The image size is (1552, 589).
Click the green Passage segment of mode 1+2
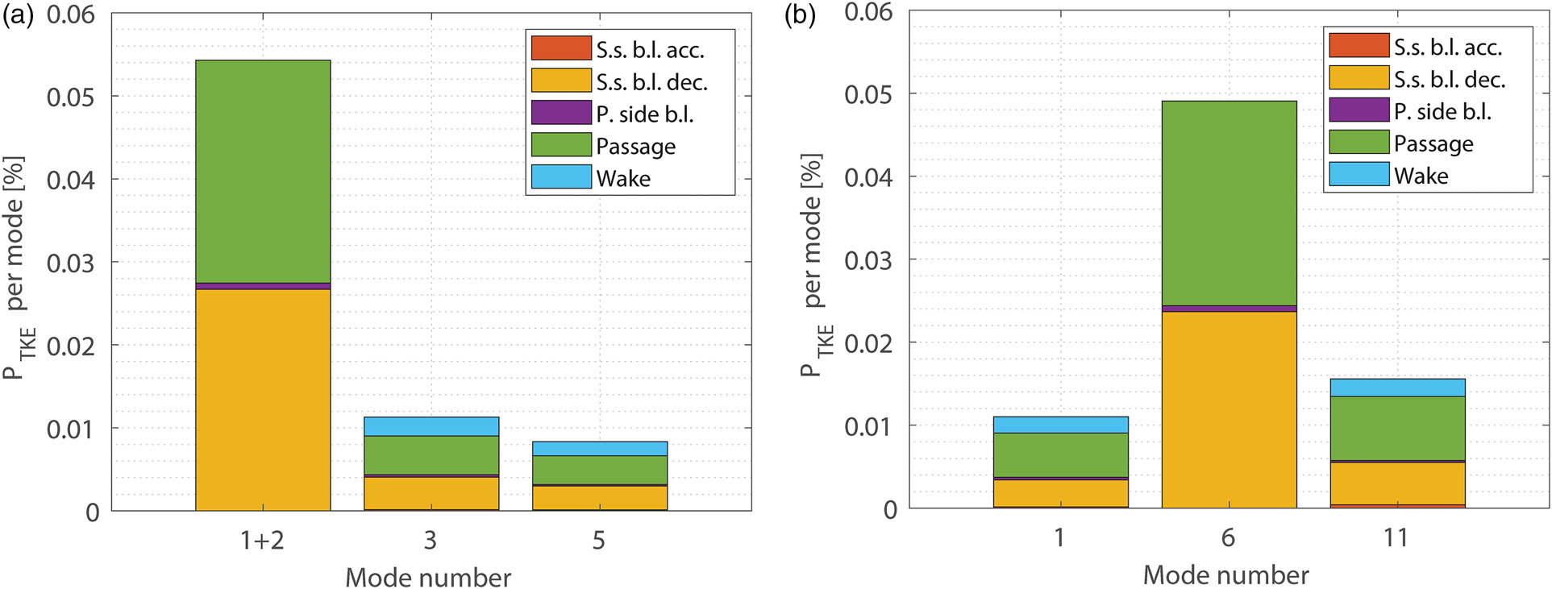pyautogui.click(x=263, y=171)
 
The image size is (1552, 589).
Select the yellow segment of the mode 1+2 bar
pyautogui.click(x=263, y=400)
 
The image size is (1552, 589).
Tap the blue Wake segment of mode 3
pyautogui.click(x=431, y=426)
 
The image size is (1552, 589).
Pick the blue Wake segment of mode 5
pyautogui.click(x=600, y=449)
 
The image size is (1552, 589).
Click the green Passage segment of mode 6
pyautogui.click(x=1229, y=203)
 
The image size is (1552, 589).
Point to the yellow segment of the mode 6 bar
pyautogui.click(x=1229, y=409)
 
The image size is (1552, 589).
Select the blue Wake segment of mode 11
pyautogui.click(x=1397, y=388)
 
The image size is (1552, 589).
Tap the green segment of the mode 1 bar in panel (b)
pyautogui.click(x=1060, y=455)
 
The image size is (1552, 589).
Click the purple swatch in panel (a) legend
pyautogui.click(x=561, y=113)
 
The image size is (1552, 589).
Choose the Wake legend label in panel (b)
pyautogui.click(x=1421, y=176)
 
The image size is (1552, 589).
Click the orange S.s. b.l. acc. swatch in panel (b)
pyautogui.click(x=1359, y=45)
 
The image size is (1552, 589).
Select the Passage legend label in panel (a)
pyautogui.click(x=635, y=146)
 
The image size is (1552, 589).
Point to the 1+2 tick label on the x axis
pyautogui.click(x=263, y=540)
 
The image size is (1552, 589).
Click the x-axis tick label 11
pyautogui.click(x=1396, y=537)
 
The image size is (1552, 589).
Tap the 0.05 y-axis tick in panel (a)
pyautogui.click(x=70, y=97)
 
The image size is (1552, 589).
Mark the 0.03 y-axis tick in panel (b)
pyautogui.click(x=868, y=260)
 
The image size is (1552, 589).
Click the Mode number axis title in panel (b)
pyautogui.click(x=1225, y=575)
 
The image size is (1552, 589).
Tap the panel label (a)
pyautogui.click(x=18, y=16)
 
